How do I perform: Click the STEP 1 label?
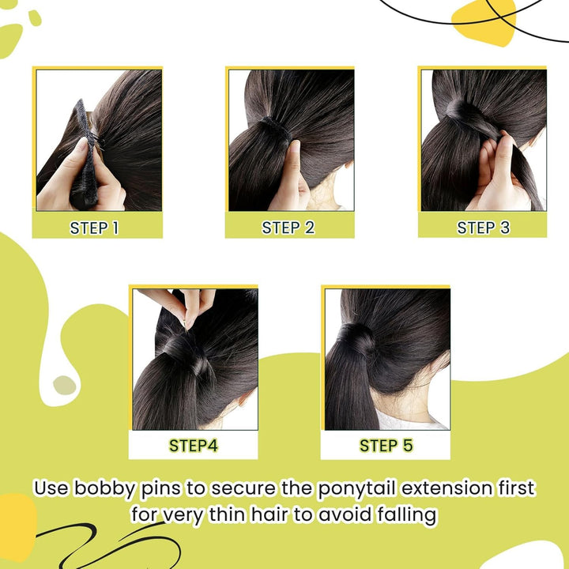pos(94,228)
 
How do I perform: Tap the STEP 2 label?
pos(288,228)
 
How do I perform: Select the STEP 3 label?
pos(483,228)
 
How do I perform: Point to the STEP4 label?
pos(193,446)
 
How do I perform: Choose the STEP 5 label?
pos(386,446)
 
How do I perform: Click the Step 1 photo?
pos(98,140)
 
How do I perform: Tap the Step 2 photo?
pos(290,140)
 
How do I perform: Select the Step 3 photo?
pos(483,140)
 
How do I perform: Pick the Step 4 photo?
pos(194,360)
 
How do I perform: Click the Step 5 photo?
pos(386,360)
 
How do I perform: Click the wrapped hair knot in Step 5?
pos(357,340)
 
